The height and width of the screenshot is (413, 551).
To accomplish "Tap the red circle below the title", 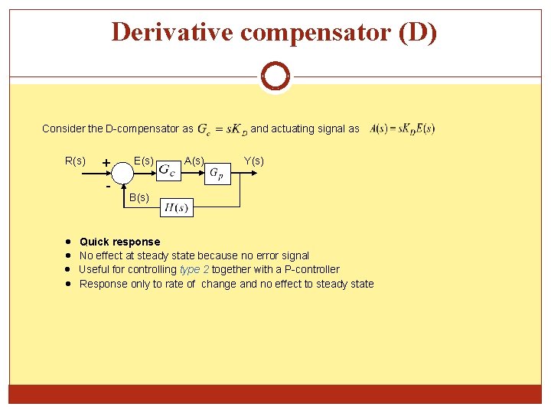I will [x=275, y=76].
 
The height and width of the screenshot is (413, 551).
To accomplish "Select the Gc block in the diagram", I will [x=168, y=171].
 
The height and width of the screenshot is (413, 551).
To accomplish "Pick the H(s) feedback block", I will [x=177, y=207].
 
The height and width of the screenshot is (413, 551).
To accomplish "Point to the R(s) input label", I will [x=75, y=161].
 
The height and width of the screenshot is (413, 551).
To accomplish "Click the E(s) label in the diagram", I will [x=143, y=161].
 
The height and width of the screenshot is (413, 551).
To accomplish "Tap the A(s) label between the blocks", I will [x=194, y=161].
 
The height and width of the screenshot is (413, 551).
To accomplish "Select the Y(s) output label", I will [x=253, y=161].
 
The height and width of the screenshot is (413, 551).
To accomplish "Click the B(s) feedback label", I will [x=139, y=197].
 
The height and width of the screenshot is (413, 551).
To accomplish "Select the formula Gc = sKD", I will [x=222, y=129].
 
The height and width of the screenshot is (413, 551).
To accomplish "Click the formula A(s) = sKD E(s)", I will [x=403, y=128].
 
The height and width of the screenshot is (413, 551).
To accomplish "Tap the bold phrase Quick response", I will [x=119, y=242].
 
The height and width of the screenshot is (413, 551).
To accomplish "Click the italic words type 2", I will [x=194, y=269].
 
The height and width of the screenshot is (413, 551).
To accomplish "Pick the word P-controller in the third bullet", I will [x=310, y=269].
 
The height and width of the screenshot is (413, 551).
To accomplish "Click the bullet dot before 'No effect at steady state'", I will [x=69, y=255].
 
